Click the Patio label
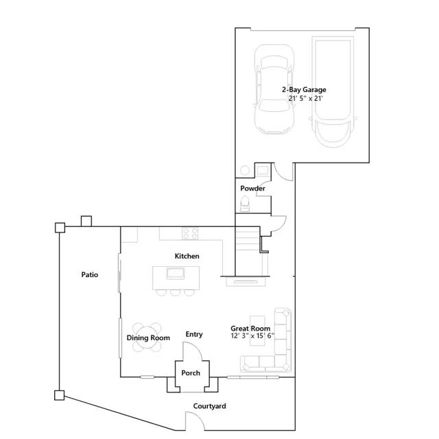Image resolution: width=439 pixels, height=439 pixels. pyautogui.click(x=90, y=274)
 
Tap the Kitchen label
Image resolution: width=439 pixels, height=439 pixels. pyautogui.click(x=187, y=256)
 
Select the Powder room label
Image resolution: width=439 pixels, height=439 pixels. pyautogui.click(x=252, y=188)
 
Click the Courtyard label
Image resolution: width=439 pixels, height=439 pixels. pyautogui.click(x=209, y=406)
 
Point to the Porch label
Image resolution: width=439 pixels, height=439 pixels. pyautogui.click(x=191, y=373)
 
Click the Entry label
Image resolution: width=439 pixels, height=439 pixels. pyautogui.click(x=194, y=334)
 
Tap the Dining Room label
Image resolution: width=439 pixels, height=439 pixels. pyautogui.click(x=148, y=338)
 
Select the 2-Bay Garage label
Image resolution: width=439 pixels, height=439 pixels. pyautogui.click(x=304, y=90)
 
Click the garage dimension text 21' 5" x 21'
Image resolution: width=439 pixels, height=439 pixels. pyautogui.click(x=305, y=98)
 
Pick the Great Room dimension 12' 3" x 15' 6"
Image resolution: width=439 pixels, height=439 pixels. pyautogui.click(x=252, y=335)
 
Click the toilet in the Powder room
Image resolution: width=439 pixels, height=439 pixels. pyautogui.click(x=245, y=204)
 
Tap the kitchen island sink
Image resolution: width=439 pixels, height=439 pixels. pyautogui.click(x=176, y=274)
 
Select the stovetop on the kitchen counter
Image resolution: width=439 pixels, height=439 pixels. pyautogui.click(x=191, y=233)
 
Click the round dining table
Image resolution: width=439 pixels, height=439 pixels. pyautogui.click(x=147, y=337)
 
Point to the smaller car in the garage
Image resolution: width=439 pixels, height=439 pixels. pyautogui.click(x=274, y=88)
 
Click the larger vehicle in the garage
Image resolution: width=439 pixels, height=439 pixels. pyautogui.click(x=333, y=91)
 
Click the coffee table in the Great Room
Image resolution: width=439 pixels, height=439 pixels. pyautogui.click(x=257, y=331)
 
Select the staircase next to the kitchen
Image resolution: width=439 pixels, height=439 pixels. pyautogui.click(x=247, y=251)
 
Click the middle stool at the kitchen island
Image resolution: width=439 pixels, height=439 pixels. pyautogui.click(x=176, y=293)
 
